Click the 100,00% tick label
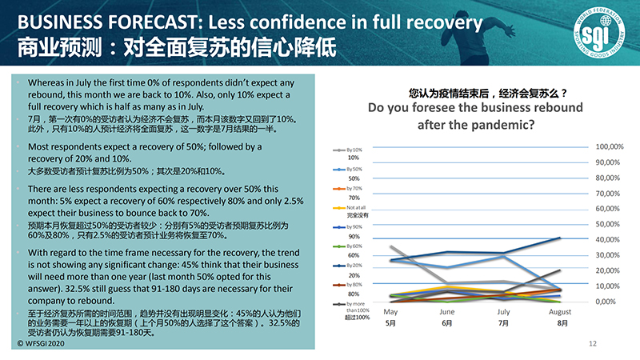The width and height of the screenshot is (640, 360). [x=610, y=147]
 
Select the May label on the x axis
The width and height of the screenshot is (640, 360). [x=391, y=312]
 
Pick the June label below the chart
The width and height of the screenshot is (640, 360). [x=447, y=312]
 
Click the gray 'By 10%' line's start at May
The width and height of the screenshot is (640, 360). [x=390, y=246]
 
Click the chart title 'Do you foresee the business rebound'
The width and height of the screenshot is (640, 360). [x=474, y=107]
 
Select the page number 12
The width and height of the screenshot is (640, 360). [x=593, y=343]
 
